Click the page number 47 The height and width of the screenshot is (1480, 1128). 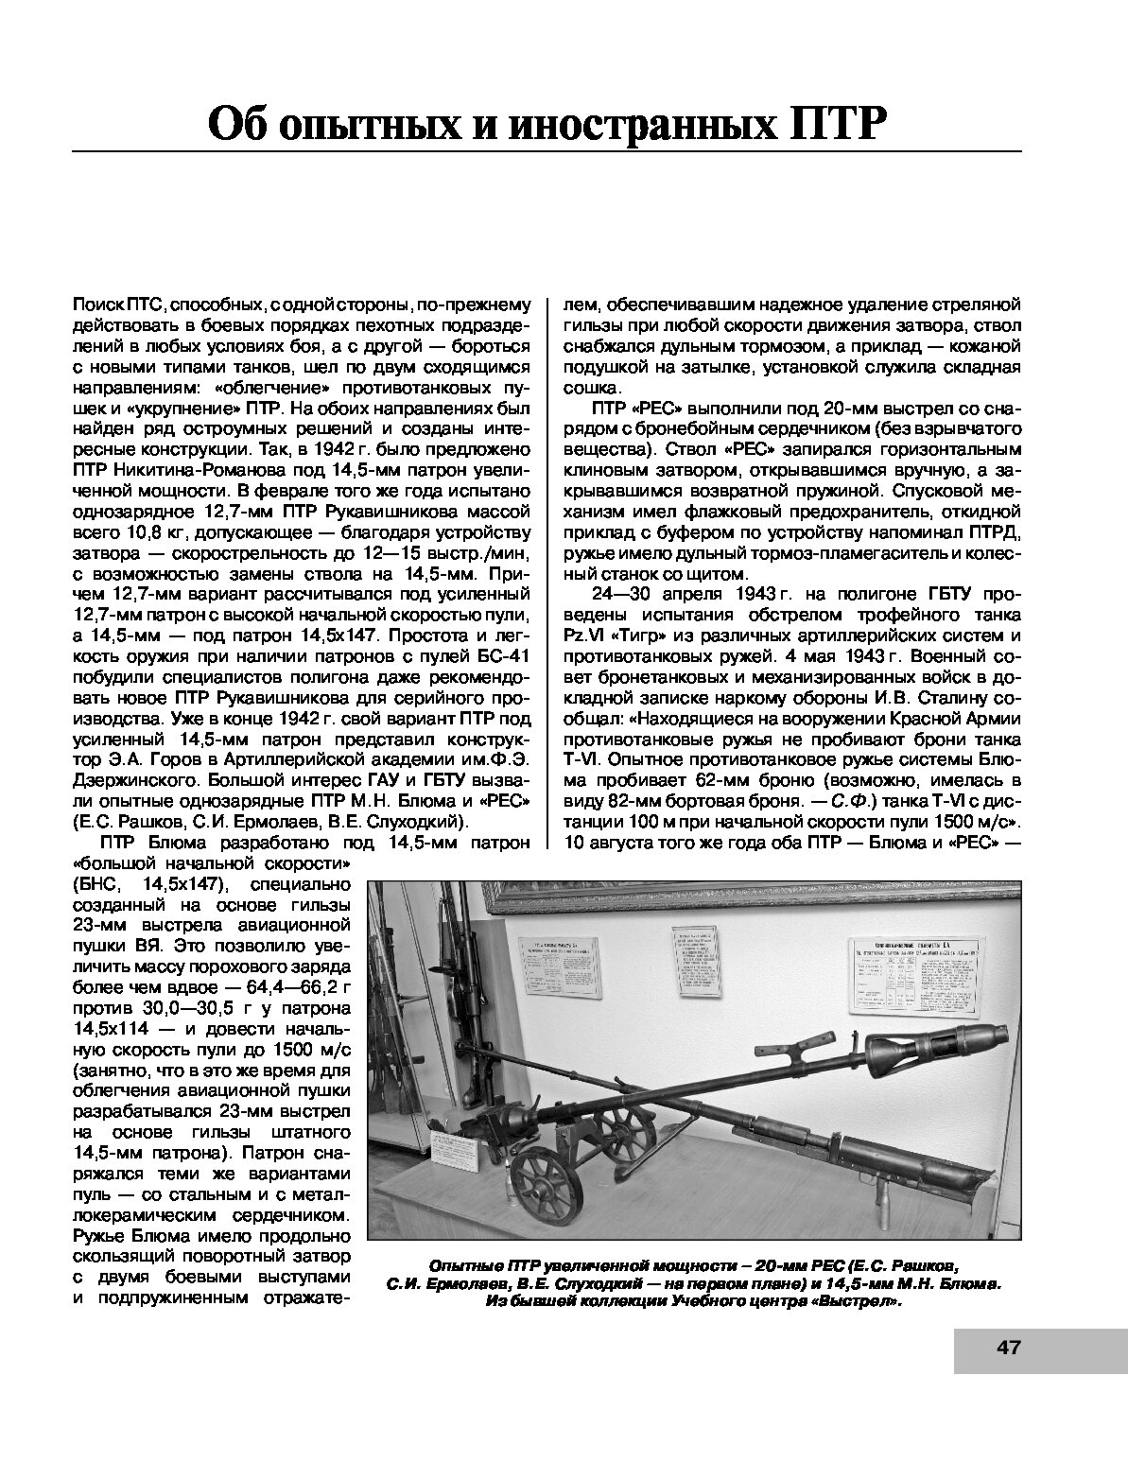click(x=1009, y=1347)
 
